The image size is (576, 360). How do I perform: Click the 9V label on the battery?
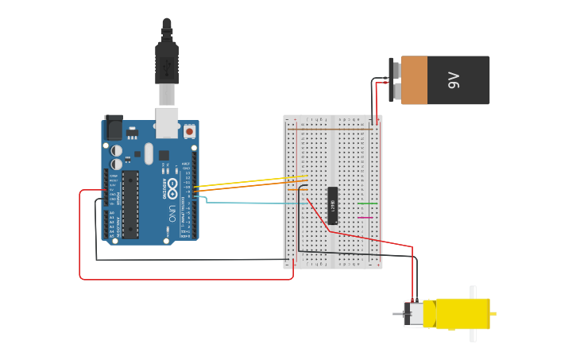[454, 79]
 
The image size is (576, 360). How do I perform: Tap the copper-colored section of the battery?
[415, 79]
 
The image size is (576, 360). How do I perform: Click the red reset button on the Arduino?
[190, 130]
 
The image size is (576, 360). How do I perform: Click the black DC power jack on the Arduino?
[114, 127]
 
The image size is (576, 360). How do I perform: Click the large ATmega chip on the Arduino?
[130, 203]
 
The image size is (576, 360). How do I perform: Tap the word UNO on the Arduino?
[172, 213]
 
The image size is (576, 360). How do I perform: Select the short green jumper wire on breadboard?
[367, 203]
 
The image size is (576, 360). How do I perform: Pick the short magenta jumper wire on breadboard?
[365, 217]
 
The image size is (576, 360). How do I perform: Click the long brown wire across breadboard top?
[334, 128]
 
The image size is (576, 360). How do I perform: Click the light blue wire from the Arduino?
[254, 203]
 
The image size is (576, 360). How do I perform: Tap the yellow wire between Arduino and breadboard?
[246, 182]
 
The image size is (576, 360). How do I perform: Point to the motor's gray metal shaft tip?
[396, 314]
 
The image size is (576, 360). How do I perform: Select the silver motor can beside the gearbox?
[414, 314]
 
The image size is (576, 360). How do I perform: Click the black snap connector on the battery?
[395, 79]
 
